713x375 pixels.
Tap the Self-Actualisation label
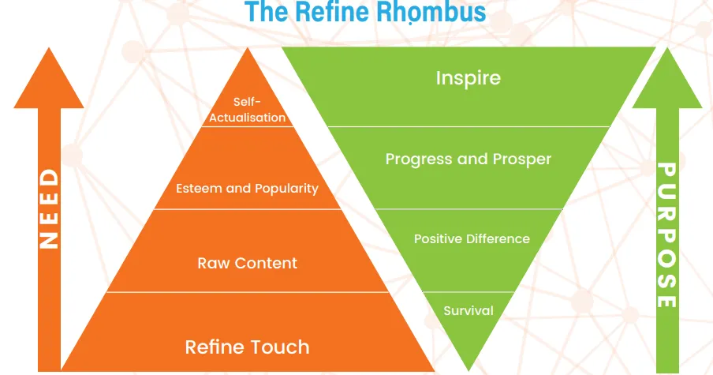(x=248, y=110)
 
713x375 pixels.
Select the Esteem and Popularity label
(x=248, y=189)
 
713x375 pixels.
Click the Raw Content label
(x=248, y=263)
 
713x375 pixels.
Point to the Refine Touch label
(x=248, y=347)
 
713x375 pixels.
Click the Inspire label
(x=468, y=78)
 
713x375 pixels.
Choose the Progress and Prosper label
(x=468, y=159)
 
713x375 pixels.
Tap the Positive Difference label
(x=472, y=239)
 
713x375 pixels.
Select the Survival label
(x=468, y=311)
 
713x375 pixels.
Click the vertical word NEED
(x=49, y=209)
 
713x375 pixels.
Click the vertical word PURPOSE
(x=667, y=234)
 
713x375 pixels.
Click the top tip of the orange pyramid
(x=248, y=48)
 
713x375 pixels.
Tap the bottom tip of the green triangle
(x=468, y=370)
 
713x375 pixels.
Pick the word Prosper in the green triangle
(x=522, y=159)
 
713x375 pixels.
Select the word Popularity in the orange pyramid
(x=286, y=189)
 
